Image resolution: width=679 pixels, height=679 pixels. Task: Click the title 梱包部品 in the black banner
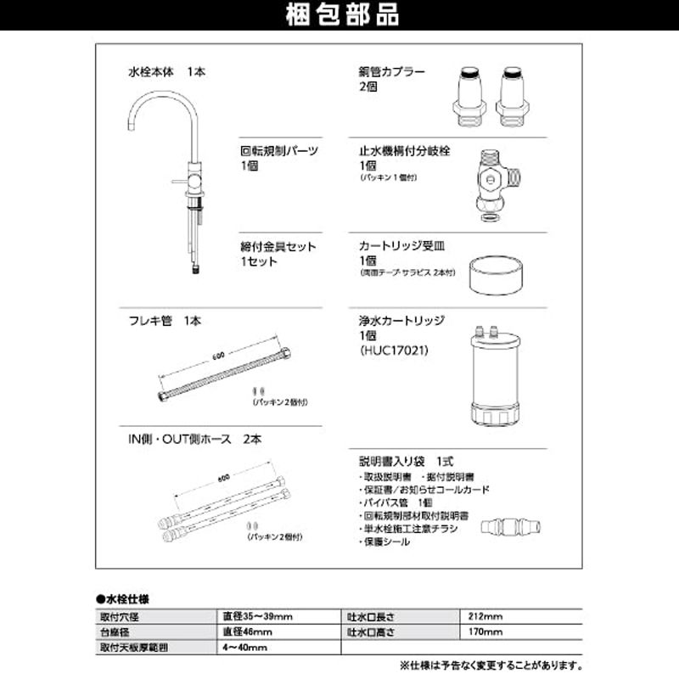point(339,15)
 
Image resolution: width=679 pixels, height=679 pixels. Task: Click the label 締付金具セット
point(278,247)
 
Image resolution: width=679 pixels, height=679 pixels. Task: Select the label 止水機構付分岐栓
point(404,151)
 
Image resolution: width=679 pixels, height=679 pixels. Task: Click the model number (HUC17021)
point(393,349)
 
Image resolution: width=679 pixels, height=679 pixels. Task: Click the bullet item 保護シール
point(385,541)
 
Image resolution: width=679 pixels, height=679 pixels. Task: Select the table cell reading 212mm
point(485,615)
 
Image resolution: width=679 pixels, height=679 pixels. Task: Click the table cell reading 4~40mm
point(245,648)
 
